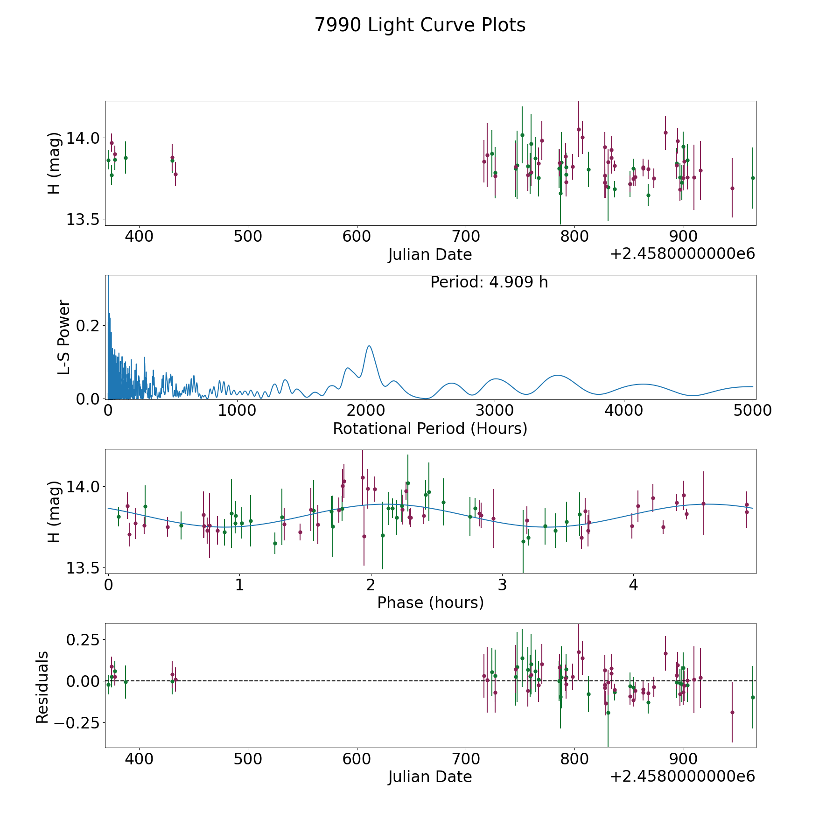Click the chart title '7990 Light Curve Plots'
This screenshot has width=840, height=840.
click(420, 25)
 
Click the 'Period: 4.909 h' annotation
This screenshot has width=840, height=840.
click(489, 282)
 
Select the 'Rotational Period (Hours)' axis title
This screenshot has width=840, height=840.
click(430, 428)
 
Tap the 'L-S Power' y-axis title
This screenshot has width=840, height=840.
click(64, 337)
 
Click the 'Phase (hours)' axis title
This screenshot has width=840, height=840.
click(430, 602)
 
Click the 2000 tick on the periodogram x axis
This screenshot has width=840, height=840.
click(366, 411)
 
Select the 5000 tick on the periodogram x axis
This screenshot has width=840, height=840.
click(753, 411)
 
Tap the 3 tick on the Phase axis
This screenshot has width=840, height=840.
click(502, 585)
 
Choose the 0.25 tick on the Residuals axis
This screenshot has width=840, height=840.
click(84, 639)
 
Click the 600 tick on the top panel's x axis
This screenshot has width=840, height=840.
click(357, 237)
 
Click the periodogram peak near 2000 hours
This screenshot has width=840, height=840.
click(369, 346)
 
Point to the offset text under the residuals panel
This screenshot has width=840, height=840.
click(682, 777)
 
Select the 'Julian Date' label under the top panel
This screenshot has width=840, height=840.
click(430, 255)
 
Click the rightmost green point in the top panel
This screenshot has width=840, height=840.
click(753, 178)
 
